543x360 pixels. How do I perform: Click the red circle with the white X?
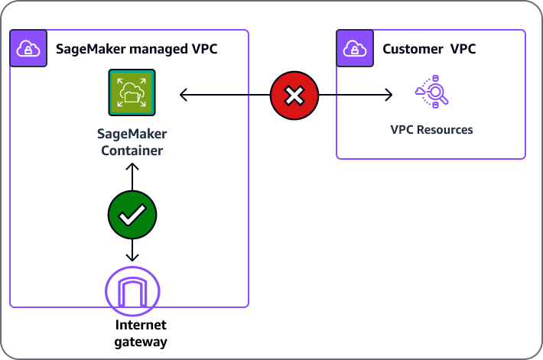tap(294, 96)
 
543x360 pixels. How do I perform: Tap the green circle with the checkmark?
tap(132, 215)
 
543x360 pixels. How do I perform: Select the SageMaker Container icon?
tap(132, 92)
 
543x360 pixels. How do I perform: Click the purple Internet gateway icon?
tap(132, 291)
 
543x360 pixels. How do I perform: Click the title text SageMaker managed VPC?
tap(137, 49)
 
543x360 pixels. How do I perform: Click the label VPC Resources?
tap(431, 130)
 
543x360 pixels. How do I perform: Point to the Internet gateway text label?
tap(140, 334)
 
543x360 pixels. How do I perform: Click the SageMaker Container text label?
tap(132, 142)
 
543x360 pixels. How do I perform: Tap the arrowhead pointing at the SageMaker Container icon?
tap(184, 96)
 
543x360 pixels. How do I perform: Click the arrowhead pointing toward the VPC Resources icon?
tap(389, 96)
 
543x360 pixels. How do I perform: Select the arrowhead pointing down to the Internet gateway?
tap(132, 257)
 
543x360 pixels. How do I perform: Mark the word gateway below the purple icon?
tap(140, 342)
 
